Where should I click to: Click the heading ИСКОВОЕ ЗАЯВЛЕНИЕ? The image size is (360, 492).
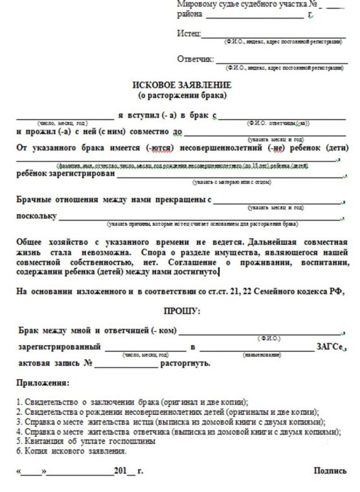(181, 85)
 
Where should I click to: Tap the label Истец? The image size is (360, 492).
(189, 34)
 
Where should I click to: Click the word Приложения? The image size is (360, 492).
(43, 383)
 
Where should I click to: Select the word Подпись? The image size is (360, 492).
(330, 470)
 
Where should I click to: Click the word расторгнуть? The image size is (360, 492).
(185, 363)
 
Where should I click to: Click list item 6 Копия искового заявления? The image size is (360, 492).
(72, 451)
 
